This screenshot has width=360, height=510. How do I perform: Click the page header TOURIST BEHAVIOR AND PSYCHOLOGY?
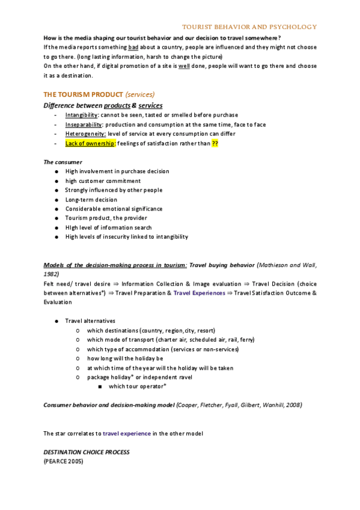249,27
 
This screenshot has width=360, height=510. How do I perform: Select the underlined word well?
184,66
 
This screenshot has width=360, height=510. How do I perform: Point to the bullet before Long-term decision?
55,200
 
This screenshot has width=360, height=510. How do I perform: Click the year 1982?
52,274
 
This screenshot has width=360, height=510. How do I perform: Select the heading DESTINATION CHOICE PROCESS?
87,452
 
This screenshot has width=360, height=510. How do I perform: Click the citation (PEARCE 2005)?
63,461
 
